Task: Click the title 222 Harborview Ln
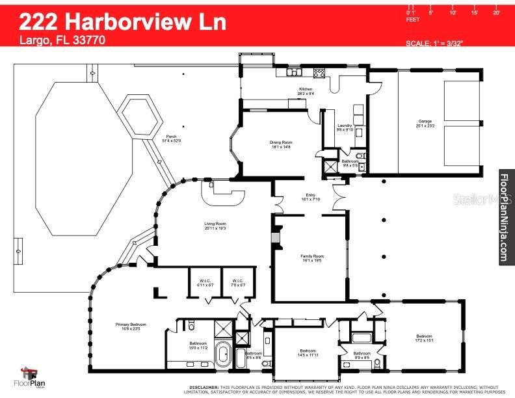click(123, 21)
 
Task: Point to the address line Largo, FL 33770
click(62, 40)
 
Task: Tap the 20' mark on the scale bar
click(497, 12)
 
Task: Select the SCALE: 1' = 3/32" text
click(434, 43)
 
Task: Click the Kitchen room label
click(306, 89)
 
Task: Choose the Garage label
click(425, 121)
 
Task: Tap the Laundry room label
click(345, 126)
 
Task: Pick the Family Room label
click(311, 256)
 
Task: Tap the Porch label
click(172, 136)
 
